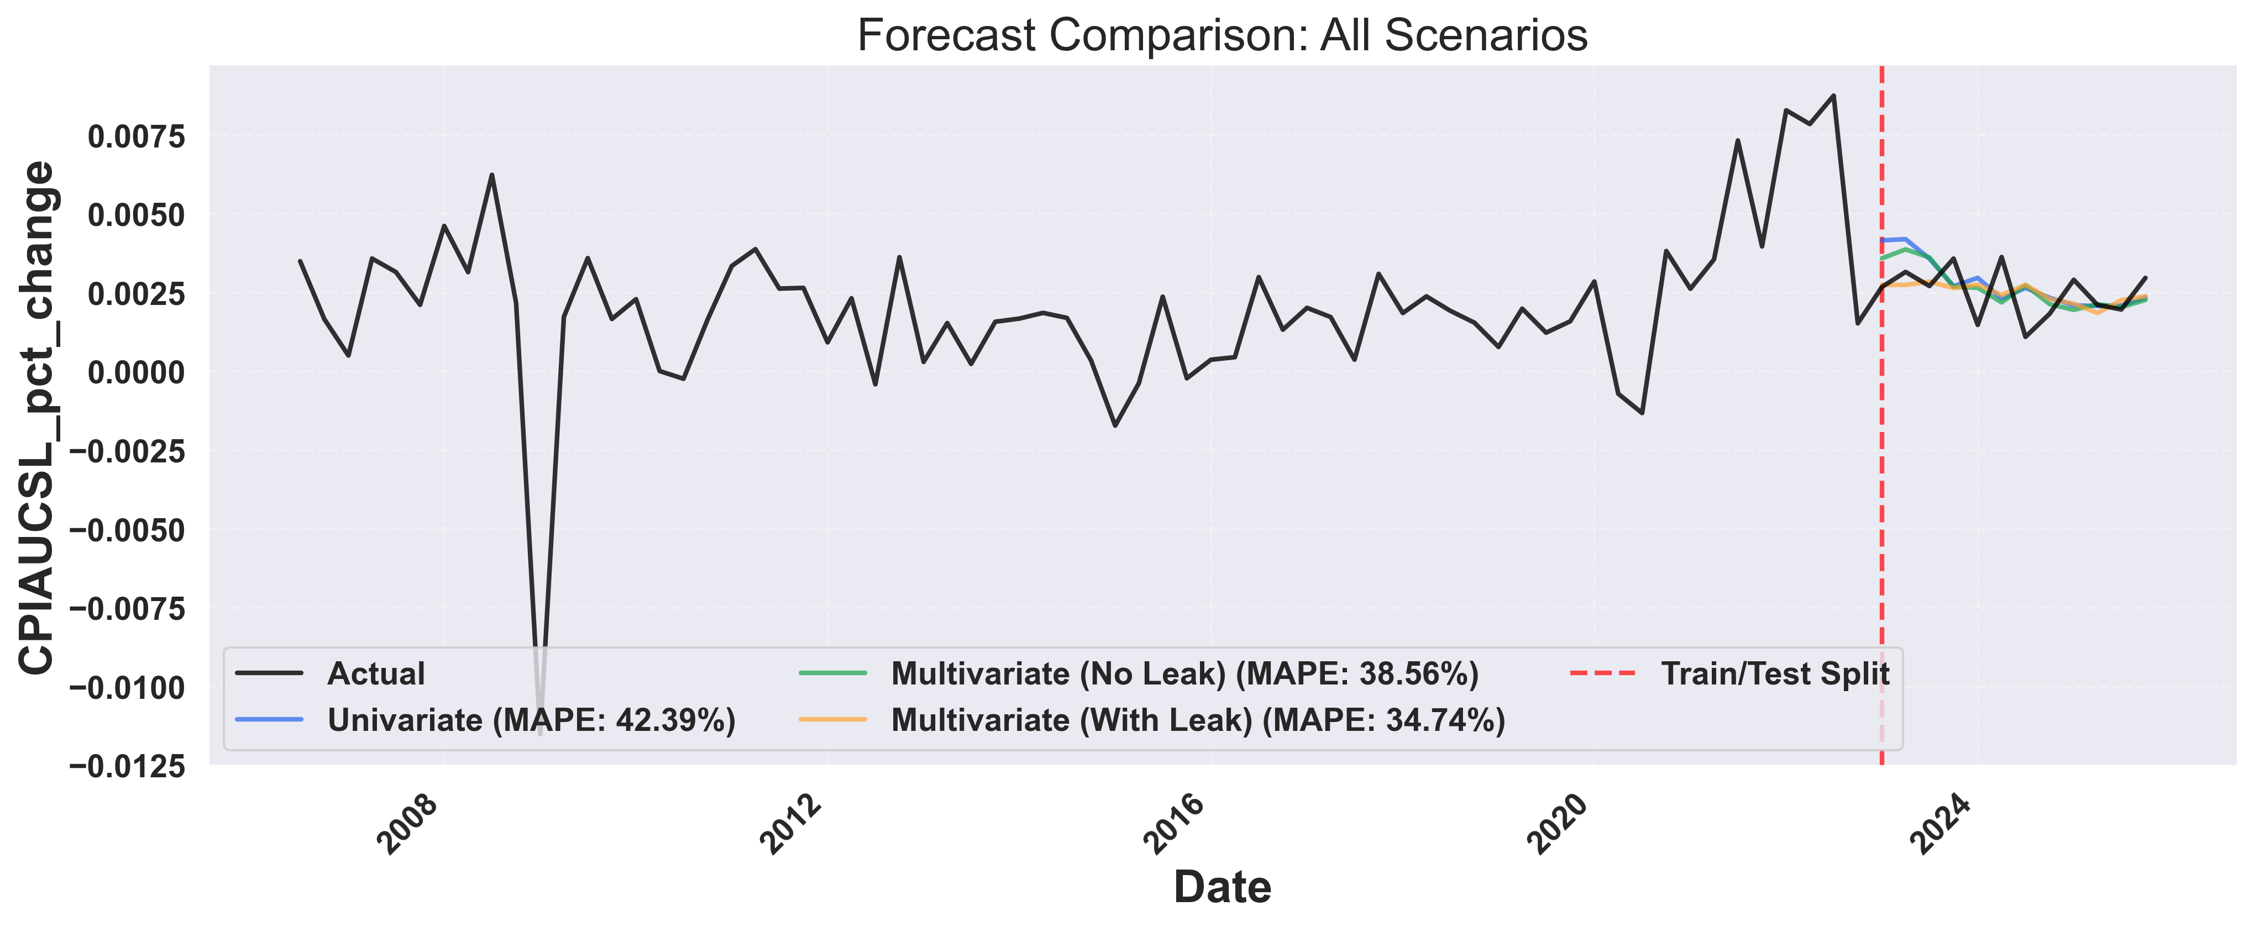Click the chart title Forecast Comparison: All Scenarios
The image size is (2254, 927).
[1223, 36]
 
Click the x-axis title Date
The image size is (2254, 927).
[1223, 887]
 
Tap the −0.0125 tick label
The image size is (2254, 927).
[128, 767]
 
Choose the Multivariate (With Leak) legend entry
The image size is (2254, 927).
[1198, 720]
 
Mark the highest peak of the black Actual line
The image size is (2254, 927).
[1834, 96]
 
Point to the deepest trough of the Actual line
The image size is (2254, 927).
[540, 733]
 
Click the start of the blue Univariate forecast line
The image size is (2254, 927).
[1882, 240]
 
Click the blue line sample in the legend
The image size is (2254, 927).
[270, 720]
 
